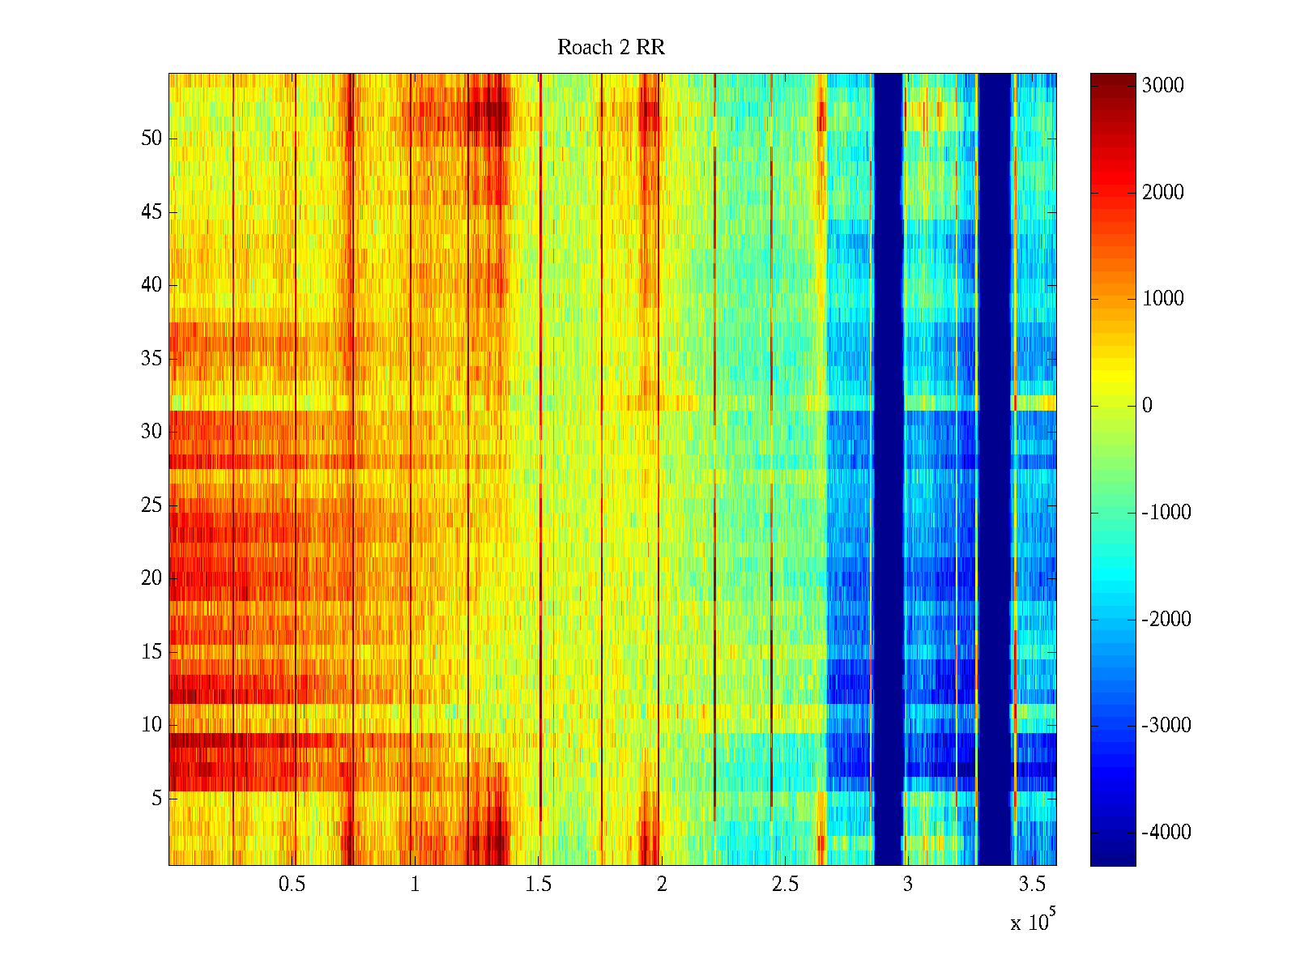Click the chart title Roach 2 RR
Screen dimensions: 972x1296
pos(611,48)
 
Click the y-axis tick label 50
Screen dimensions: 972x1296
pos(151,139)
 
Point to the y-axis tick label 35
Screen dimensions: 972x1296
pos(151,359)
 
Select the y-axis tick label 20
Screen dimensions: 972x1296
pos(151,578)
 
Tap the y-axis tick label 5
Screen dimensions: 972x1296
pos(156,799)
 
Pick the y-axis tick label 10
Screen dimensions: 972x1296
pos(151,725)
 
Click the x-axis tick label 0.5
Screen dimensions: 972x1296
pos(292,885)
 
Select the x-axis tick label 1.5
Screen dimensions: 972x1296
pos(539,885)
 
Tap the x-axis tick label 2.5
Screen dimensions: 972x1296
pos(785,885)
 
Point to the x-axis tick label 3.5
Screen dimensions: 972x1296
pos(1031,885)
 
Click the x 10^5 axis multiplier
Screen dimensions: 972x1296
pos(1032,921)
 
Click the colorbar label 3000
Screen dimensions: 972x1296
pos(1162,86)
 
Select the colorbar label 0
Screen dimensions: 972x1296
pos(1147,406)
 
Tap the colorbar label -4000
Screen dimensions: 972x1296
pos(1166,833)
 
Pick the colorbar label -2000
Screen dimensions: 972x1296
pos(1166,620)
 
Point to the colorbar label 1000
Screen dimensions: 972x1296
pos(1162,299)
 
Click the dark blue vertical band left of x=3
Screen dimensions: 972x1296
pos(888,470)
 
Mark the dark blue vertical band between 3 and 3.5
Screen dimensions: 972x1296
pos(995,470)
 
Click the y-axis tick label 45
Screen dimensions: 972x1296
pos(151,212)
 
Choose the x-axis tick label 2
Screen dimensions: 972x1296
pos(662,885)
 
